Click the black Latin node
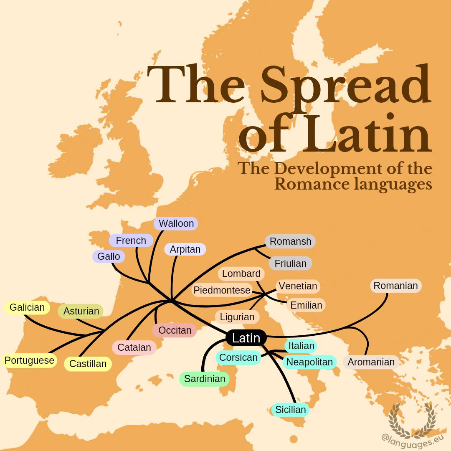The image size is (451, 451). [x=246, y=338]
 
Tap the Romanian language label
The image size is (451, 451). [x=395, y=286]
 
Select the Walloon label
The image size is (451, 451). [x=176, y=223]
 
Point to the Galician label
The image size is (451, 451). [x=27, y=307]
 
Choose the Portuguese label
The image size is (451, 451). [x=29, y=360]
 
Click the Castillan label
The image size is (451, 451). [x=88, y=364]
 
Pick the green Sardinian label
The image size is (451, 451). [x=205, y=379]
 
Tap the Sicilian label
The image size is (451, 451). [x=290, y=410]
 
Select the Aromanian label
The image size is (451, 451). [x=371, y=362]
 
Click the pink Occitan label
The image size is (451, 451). [x=175, y=330]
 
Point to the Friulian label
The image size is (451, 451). [x=291, y=264]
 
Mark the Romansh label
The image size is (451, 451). [x=290, y=241]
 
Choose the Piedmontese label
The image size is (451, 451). [x=222, y=290]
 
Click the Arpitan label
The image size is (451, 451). [x=185, y=249]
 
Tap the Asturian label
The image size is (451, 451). [x=81, y=311]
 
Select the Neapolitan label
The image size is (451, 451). [x=309, y=362]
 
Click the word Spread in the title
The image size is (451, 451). [x=345, y=86]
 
